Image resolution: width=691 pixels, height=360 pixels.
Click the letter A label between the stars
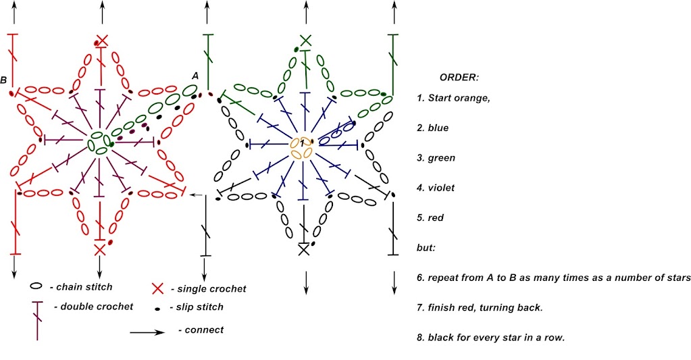[x=195, y=76]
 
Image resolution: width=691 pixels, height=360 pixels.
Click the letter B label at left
[x=3, y=80]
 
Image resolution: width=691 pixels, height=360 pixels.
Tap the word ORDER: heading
[x=459, y=78]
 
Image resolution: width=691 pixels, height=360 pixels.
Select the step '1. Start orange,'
[x=453, y=98]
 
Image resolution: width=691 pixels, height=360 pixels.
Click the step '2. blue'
[x=433, y=128]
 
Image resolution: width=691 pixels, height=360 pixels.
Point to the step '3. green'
[x=436, y=158]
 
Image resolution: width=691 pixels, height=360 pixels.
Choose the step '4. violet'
[x=436, y=188]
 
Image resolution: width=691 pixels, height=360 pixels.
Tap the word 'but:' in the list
[x=426, y=248]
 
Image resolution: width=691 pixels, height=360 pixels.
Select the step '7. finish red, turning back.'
[x=480, y=307]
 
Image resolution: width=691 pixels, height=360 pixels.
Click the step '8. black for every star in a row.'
[x=491, y=338]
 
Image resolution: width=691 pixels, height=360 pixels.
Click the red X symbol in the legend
[x=158, y=288]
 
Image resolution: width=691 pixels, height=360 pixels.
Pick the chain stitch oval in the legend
[x=36, y=286]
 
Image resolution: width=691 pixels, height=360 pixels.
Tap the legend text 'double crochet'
[x=97, y=306]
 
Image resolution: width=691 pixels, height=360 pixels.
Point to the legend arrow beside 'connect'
[x=147, y=332]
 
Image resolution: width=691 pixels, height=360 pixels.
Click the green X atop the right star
[x=305, y=41]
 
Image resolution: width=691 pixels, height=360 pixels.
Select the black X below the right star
[x=304, y=250]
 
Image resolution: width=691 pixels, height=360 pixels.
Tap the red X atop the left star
[x=102, y=41]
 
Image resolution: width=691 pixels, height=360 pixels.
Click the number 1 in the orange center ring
[x=303, y=144]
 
